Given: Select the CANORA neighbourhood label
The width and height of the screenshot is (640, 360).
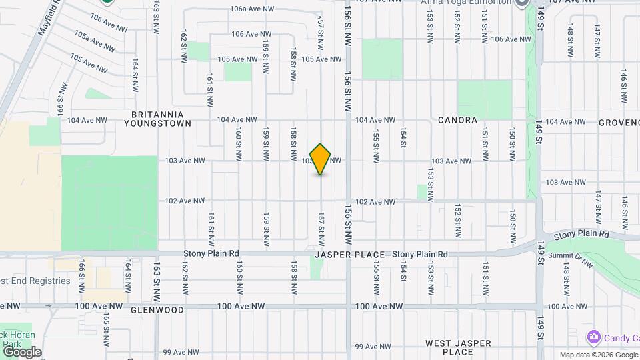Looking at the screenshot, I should tap(457, 121).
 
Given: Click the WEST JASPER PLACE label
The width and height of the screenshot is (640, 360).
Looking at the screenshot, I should tap(458, 347).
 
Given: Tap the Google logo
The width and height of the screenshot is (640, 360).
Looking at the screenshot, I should tap(21, 352).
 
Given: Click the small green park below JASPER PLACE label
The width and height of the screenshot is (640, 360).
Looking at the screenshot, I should tap(317, 269).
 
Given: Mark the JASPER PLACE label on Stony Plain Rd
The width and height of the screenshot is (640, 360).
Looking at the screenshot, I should tap(350, 255).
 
